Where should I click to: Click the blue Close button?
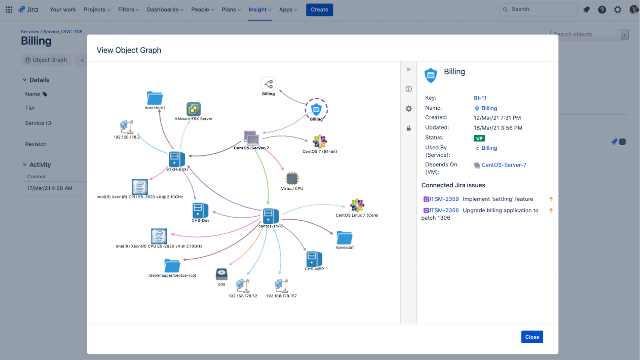[x=532, y=337]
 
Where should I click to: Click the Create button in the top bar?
[x=319, y=9]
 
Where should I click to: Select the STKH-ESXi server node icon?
[x=177, y=159]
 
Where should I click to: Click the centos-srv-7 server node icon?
[x=271, y=215]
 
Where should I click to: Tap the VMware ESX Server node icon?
[x=193, y=109]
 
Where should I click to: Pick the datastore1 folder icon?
[x=154, y=98]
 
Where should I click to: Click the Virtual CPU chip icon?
[x=292, y=179]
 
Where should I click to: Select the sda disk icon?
[x=221, y=274]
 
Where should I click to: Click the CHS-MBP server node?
[x=314, y=259]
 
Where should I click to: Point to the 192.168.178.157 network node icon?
[x=281, y=286]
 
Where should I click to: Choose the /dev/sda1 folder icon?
[x=344, y=238]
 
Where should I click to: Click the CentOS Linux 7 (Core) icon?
[x=357, y=205]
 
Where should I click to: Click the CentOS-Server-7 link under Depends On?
[x=504, y=165]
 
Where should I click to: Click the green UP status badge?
[x=479, y=138]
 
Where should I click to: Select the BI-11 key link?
[x=480, y=98]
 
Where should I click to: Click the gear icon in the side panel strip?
[x=409, y=109]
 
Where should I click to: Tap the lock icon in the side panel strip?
[x=409, y=128]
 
